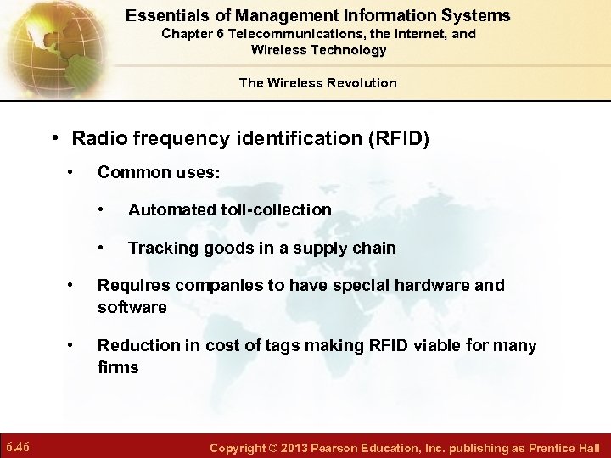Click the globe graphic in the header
(42, 47)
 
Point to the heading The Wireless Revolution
(317, 82)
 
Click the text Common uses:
(159, 172)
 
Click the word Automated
(171, 209)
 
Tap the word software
(132, 307)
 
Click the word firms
(118, 367)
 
